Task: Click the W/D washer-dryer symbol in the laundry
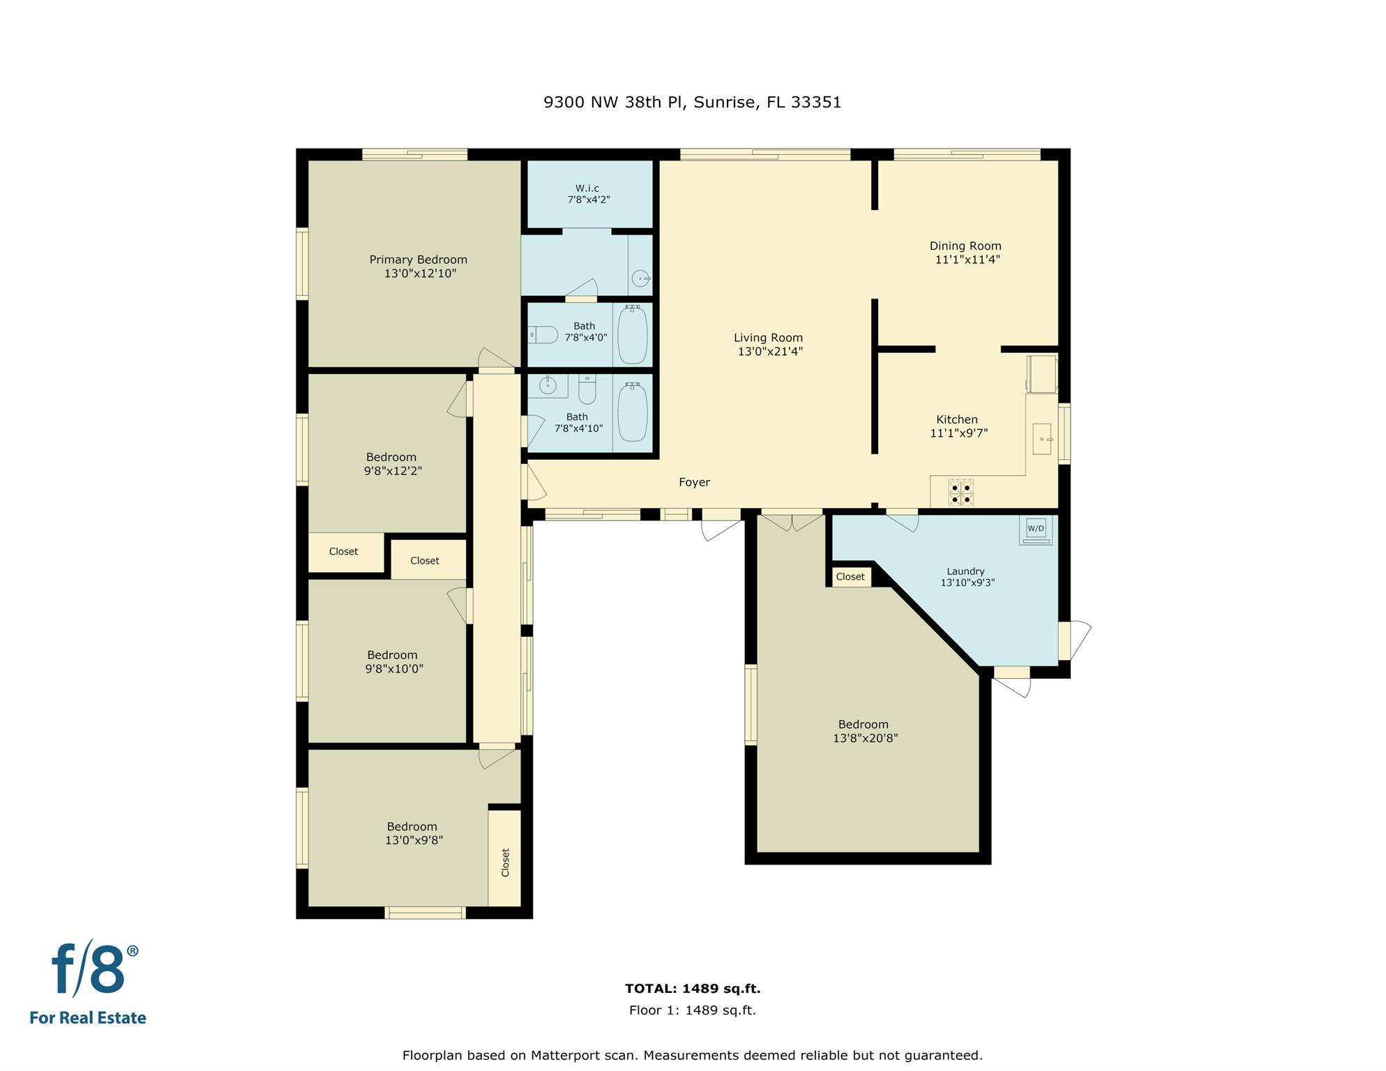tap(1036, 530)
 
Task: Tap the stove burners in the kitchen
tap(961, 492)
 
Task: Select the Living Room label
tap(768, 338)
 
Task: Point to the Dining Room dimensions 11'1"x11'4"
tap(967, 260)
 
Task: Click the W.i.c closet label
tap(587, 188)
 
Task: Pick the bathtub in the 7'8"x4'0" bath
tap(633, 334)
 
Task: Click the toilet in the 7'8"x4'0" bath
tap(543, 335)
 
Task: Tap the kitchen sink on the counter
tap(1042, 439)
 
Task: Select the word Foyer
tap(694, 482)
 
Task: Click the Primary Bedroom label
tap(419, 260)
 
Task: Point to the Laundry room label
tap(965, 571)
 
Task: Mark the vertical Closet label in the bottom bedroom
tap(506, 862)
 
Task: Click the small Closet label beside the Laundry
tap(850, 577)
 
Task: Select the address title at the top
tap(693, 103)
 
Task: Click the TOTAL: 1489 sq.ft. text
tap(693, 989)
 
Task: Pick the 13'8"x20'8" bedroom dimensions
tap(865, 738)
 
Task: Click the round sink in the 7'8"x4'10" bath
tap(548, 385)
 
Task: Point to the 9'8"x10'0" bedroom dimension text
tap(394, 668)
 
